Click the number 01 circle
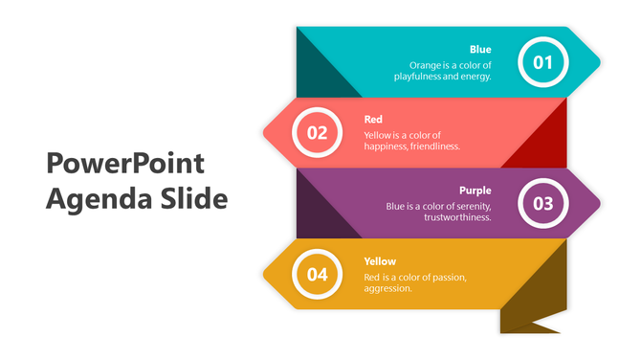click(543, 63)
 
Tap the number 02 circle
click(317, 133)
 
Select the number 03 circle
click(543, 203)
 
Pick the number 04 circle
click(317, 274)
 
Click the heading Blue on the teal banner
click(480, 49)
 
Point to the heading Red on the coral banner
click(373, 119)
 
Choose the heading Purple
click(475, 190)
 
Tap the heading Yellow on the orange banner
click(380, 260)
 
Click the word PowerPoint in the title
click(125, 164)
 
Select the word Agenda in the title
click(93, 199)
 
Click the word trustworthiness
click(457, 217)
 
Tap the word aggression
click(388, 288)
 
